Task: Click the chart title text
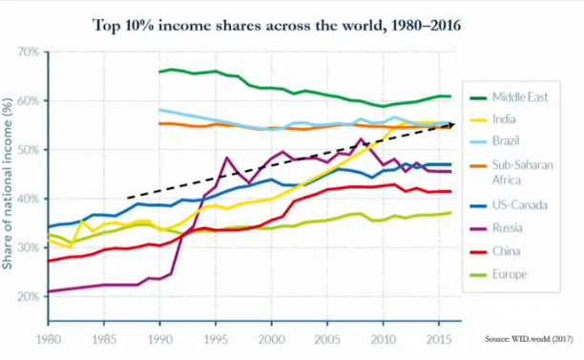[277, 26]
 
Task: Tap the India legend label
[504, 119]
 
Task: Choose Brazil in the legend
[506, 141]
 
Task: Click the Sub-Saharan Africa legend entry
[523, 172]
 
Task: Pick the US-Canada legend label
[520, 205]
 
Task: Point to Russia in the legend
[508, 227]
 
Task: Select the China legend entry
[506, 251]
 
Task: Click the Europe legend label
[510, 274]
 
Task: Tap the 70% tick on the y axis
[29, 52]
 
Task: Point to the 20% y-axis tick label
[29, 297]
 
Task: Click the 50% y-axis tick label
[29, 150]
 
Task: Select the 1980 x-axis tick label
[49, 340]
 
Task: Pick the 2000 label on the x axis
[272, 340]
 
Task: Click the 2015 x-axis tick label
[439, 340]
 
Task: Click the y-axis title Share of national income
[8, 183]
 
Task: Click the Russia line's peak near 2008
[361, 139]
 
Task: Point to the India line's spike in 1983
[81, 221]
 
